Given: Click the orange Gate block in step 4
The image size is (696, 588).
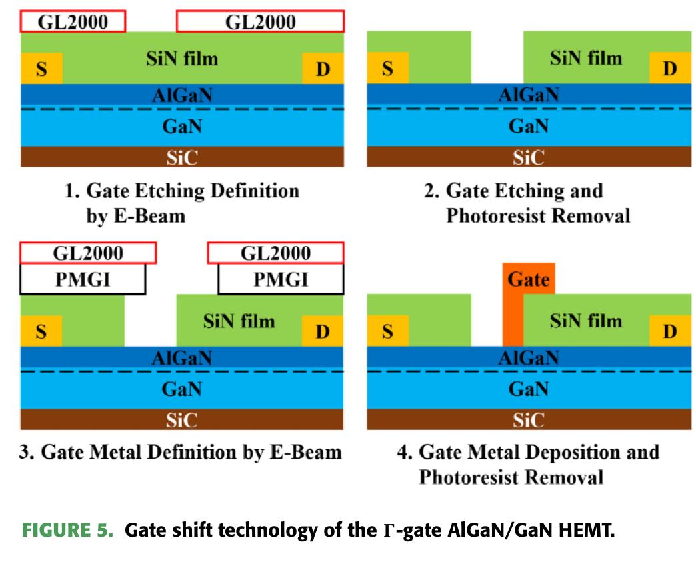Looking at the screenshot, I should pos(528,280).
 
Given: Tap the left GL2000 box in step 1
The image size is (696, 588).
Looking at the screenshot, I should pos(73,22).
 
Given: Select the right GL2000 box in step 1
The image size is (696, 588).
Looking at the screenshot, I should pos(260,22).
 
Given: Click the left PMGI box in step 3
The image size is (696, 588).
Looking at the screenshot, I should pos(83,279).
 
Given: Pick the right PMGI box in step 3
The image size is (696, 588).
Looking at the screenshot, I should pos(280,279).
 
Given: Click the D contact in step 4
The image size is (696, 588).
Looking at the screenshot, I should pos(670,331).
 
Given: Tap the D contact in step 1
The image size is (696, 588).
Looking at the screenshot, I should pos(323,69).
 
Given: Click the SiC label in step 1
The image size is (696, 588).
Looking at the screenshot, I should pos(182,157).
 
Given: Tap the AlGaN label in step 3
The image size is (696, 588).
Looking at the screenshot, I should pos(182,358).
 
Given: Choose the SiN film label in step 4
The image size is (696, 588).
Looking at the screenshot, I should pos(585,321).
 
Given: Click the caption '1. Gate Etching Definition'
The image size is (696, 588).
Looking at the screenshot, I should pos(182,191).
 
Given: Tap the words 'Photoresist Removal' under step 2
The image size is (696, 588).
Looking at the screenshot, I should pos(538,217).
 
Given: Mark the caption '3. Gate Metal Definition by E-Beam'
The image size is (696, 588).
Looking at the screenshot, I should pos(181,452).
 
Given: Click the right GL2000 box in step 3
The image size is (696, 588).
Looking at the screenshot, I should pos(275,253).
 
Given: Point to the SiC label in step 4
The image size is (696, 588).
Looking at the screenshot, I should pos(528,420).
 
